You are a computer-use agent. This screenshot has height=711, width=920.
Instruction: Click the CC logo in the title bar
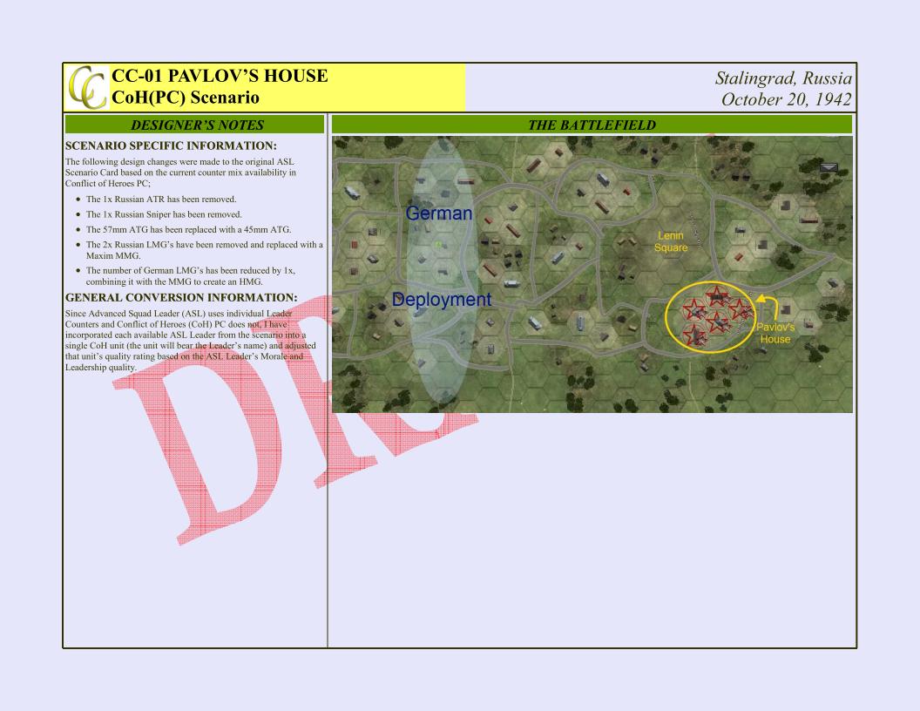[x=87, y=87]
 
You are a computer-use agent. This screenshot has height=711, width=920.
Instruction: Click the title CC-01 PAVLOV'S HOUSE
[x=220, y=76]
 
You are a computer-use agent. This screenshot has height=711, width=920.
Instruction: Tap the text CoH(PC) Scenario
[x=186, y=98]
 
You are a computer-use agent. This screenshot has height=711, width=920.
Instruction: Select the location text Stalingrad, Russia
[x=783, y=78]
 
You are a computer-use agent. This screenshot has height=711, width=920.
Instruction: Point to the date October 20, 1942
[x=786, y=99]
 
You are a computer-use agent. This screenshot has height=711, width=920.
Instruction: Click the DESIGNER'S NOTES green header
[x=194, y=125]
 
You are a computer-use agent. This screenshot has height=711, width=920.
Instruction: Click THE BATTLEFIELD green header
[x=592, y=125]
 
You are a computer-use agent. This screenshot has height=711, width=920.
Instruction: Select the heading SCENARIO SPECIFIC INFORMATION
[x=171, y=146]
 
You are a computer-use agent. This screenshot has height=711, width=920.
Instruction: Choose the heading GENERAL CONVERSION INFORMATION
[x=181, y=297]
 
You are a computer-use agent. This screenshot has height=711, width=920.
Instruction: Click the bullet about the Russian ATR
[x=161, y=200]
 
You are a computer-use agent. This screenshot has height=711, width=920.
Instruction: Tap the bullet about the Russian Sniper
[x=164, y=214]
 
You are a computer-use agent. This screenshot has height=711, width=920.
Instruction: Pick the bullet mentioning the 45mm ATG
[x=188, y=230]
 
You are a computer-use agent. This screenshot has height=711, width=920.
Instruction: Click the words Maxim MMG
[x=113, y=256]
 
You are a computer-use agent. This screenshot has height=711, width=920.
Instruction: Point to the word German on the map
[x=439, y=213]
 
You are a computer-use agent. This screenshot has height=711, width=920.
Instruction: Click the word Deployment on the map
[x=441, y=300]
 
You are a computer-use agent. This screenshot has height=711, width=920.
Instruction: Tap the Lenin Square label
[x=671, y=241]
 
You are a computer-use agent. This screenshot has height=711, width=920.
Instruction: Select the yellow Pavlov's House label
[x=775, y=333]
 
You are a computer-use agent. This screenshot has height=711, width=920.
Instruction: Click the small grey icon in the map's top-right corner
[x=829, y=168]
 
